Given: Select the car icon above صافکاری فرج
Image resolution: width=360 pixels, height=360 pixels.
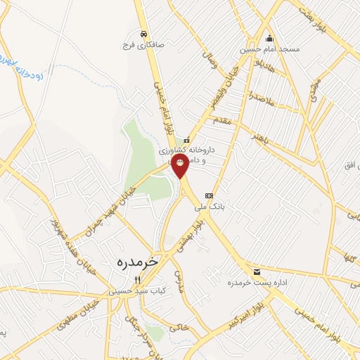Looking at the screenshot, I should pos(144,33).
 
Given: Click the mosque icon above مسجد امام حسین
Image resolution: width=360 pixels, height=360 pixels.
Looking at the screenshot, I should pos(269,39).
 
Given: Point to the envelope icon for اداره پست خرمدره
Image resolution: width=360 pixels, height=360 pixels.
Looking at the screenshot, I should pos(256,271).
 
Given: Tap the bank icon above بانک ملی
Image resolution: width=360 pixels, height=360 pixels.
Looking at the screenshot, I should pos(208,195).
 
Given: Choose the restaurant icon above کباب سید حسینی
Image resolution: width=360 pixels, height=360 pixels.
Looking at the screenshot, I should pos(138,280).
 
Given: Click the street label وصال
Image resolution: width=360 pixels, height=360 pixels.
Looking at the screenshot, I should pos(210,65).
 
